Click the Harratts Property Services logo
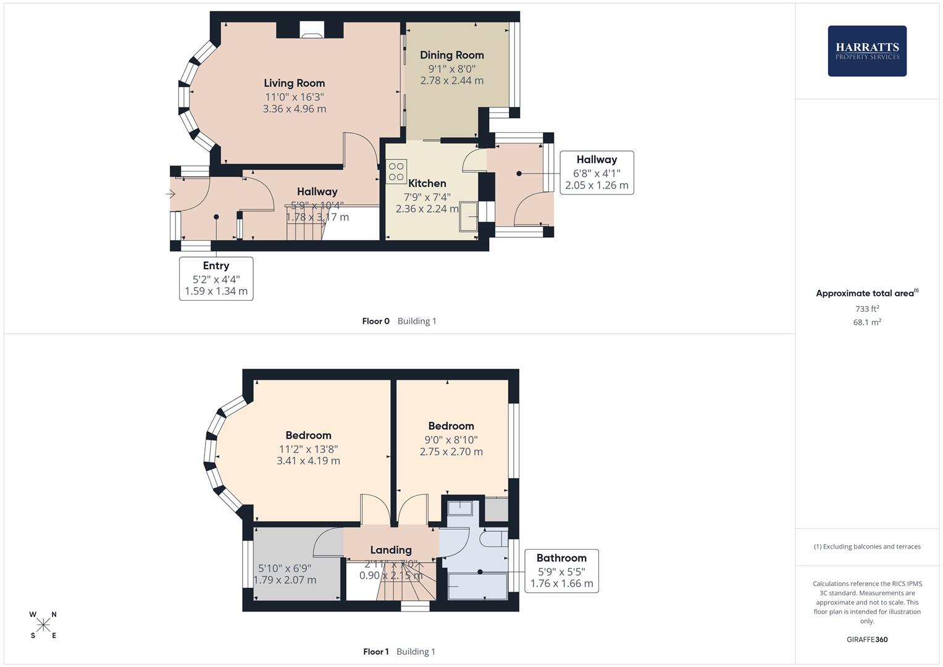point(866,51)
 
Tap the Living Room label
point(294,83)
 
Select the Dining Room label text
point(451,55)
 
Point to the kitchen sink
point(468,216)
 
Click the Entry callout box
point(216,279)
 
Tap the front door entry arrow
point(171,195)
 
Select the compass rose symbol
point(43,625)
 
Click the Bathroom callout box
point(561,571)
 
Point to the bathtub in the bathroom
point(477,585)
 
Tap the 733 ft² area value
point(867,309)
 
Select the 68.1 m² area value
point(867,322)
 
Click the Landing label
point(391,550)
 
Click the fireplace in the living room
point(311,30)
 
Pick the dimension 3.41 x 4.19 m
point(308,461)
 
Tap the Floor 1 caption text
point(375,652)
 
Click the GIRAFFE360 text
point(867,640)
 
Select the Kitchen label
point(427,183)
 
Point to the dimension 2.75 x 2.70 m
point(451,451)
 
